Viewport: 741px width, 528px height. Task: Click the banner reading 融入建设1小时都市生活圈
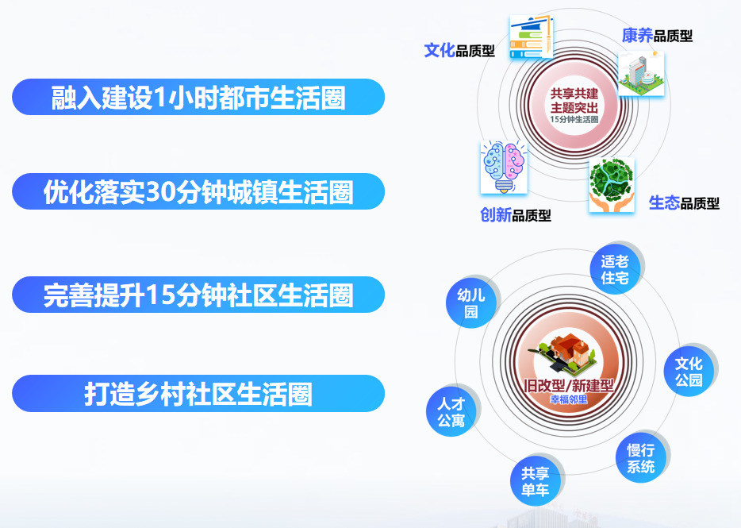click(x=198, y=97)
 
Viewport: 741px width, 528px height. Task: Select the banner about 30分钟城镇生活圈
click(x=198, y=191)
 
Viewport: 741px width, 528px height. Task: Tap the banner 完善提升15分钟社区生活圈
click(x=198, y=295)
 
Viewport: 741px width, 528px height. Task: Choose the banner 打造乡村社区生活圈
click(x=198, y=394)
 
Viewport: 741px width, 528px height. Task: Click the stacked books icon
click(x=532, y=37)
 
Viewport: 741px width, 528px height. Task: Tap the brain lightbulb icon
click(x=504, y=167)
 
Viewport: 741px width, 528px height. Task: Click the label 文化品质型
click(x=459, y=50)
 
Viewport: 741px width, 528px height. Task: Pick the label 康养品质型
click(x=658, y=36)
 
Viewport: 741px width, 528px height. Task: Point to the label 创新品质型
click(x=516, y=215)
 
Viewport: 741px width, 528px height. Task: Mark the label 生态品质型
click(x=685, y=203)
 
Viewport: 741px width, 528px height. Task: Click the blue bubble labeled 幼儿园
click(x=471, y=303)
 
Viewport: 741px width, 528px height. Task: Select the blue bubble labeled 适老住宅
click(x=615, y=269)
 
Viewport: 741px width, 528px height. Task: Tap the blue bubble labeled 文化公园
click(x=689, y=372)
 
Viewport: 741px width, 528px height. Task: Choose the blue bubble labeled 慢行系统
click(x=641, y=457)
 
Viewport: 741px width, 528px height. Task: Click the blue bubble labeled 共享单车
click(x=536, y=481)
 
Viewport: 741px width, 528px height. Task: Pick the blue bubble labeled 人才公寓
click(x=451, y=411)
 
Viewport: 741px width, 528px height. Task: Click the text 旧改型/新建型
click(x=569, y=386)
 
